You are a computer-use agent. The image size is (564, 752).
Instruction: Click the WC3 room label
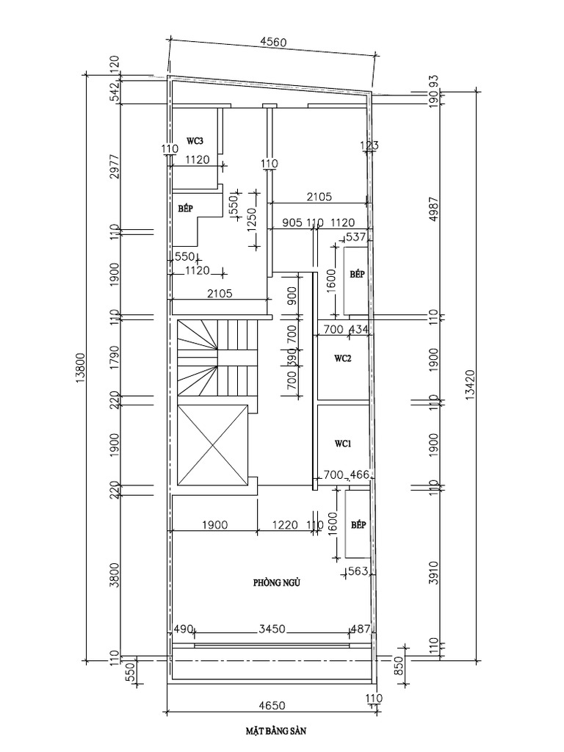tap(195, 140)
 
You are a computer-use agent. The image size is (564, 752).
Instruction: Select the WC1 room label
tap(343, 444)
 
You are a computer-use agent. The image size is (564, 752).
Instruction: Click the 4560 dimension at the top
tap(274, 43)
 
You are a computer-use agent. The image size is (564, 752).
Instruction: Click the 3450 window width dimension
tap(272, 629)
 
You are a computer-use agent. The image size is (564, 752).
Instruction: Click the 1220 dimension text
tap(285, 525)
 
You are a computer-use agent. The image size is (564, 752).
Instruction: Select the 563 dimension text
tap(357, 572)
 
